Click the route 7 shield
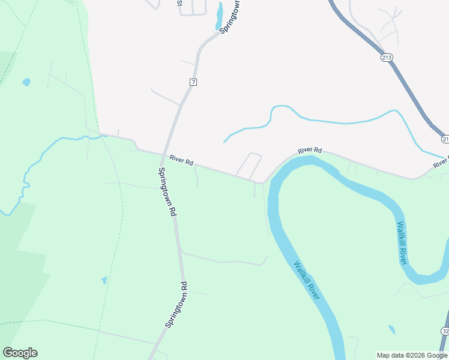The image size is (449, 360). (x=193, y=82)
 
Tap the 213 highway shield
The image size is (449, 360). (x=387, y=58)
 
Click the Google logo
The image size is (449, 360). (x=20, y=353)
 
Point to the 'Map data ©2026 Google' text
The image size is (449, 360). (x=412, y=355)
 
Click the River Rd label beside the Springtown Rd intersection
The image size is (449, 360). (x=181, y=160)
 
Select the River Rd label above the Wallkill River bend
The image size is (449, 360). (x=310, y=151)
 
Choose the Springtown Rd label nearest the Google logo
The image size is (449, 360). (x=177, y=305)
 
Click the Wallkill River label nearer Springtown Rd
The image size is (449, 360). (x=307, y=280)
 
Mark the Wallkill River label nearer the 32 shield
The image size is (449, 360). (x=402, y=243)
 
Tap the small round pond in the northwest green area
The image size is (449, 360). (x=26, y=82)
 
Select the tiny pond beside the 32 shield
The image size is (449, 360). (x=392, y=330)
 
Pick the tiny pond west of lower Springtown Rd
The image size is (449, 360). (x=104, y=280)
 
